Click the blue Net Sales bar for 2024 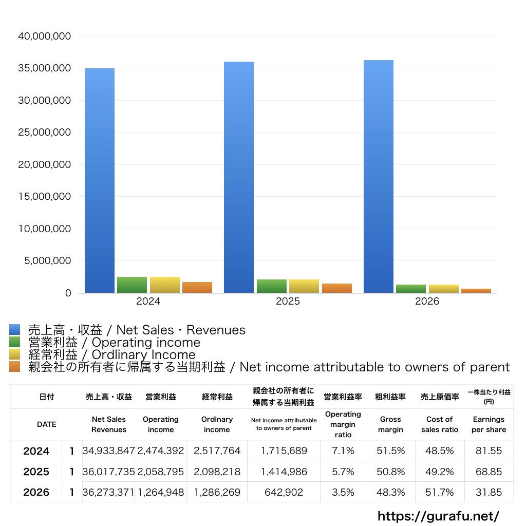point(99,180)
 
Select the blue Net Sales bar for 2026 point(379,177)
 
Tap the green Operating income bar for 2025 point(272,286)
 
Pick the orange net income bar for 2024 point(197,288)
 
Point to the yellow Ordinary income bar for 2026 point(443,289)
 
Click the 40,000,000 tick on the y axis point(44,36)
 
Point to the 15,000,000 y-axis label point(44,196)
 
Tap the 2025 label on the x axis point(288,301)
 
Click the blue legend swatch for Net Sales point(15,329)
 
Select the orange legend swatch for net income point(15,366)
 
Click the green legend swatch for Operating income point(15,342)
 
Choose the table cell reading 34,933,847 point(108,450)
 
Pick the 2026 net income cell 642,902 point(284,492)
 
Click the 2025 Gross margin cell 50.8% point(390,472)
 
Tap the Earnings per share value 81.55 point(489,450)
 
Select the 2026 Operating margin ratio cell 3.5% point(343,492)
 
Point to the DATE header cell point(47,424)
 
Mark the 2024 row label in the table point(36,451)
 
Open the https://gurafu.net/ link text point(439,516)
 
